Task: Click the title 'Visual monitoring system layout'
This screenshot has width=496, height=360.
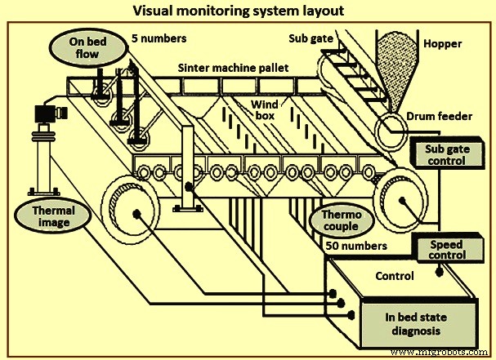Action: click(247, 11)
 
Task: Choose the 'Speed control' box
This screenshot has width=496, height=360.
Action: click(448, 248)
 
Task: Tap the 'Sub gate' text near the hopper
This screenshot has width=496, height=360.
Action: click(311, 38)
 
